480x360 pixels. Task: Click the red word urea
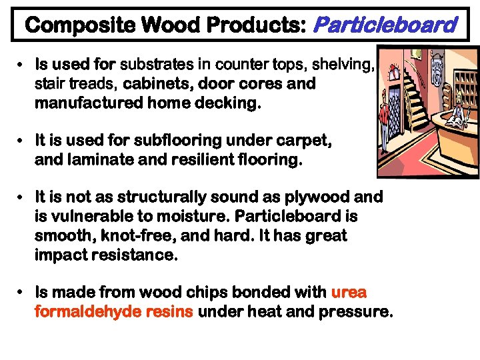349,293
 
